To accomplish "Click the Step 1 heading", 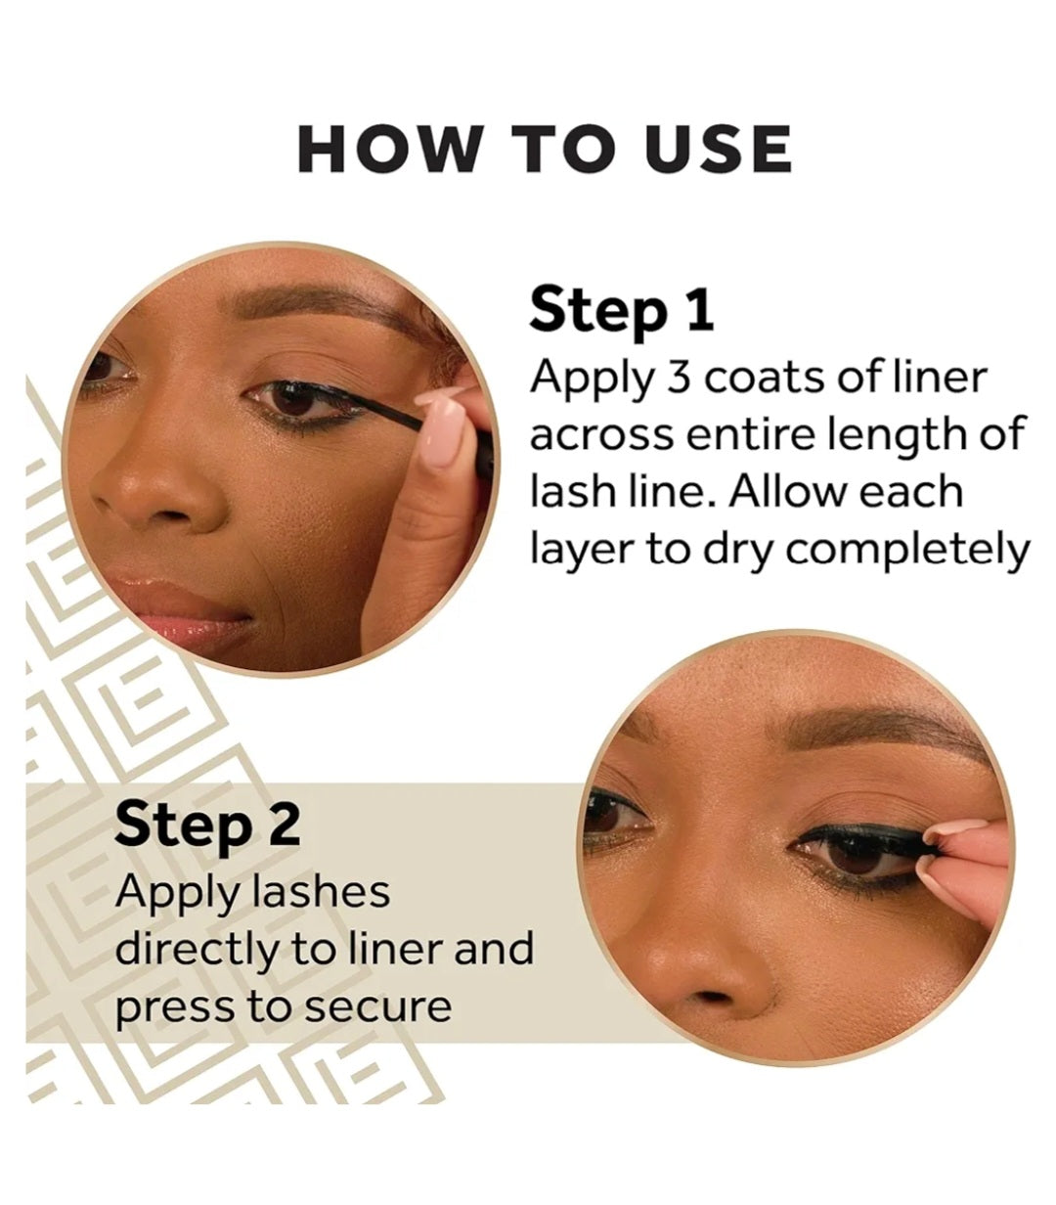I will [x=622, y=311].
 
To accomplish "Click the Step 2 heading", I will [x=206, y=826].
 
